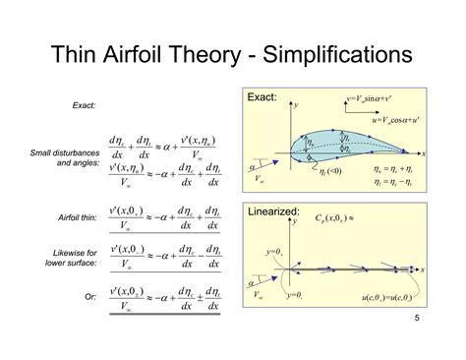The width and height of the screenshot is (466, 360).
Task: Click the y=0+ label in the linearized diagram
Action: [x=274, y=253]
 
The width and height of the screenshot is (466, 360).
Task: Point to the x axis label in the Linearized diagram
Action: [x=424, y=268]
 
